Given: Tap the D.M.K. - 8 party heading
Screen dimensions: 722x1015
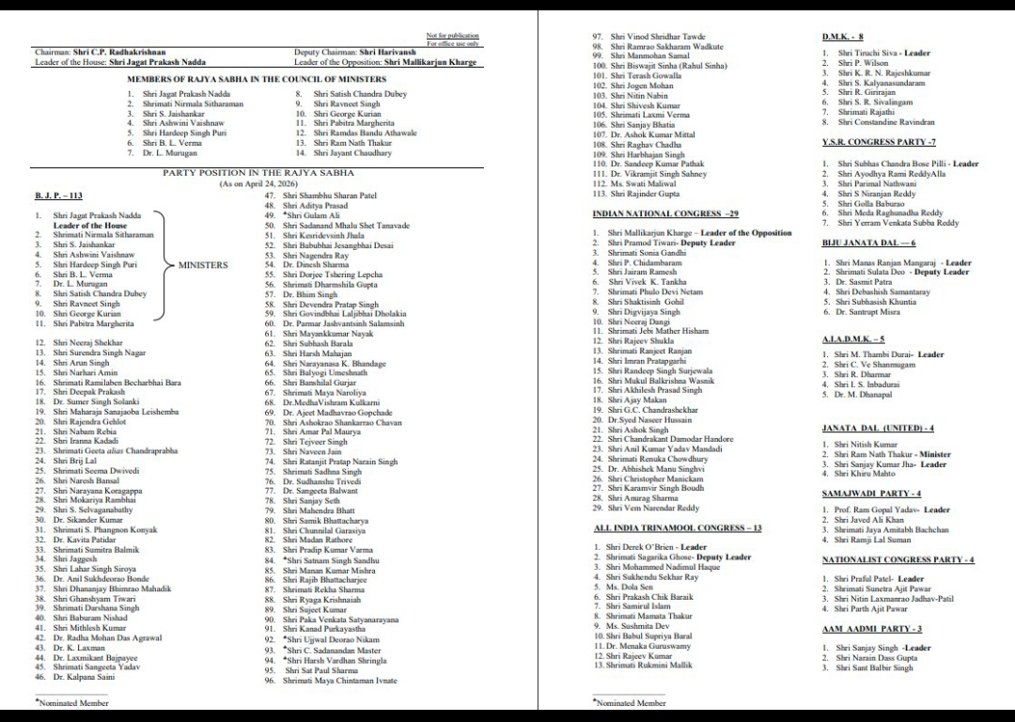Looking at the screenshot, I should point(843,37).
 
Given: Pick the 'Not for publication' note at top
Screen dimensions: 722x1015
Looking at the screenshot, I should point(452,35).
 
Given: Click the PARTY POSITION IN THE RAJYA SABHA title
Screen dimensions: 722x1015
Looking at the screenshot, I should point(253,173).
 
